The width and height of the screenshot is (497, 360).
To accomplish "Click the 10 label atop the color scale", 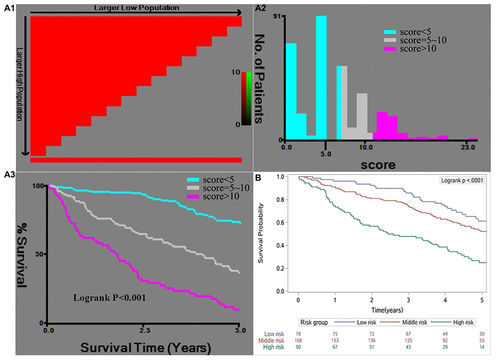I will point(237,72).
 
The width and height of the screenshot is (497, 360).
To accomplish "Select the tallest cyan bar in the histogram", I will point(321,77).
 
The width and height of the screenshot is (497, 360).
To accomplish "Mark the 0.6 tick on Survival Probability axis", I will point(287,223).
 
